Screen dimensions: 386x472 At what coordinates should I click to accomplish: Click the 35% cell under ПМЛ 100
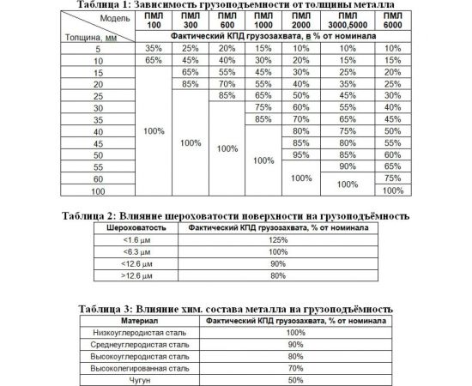154,49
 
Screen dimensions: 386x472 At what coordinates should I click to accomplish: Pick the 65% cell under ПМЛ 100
154,61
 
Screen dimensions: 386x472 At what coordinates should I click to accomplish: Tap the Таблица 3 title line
234,308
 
